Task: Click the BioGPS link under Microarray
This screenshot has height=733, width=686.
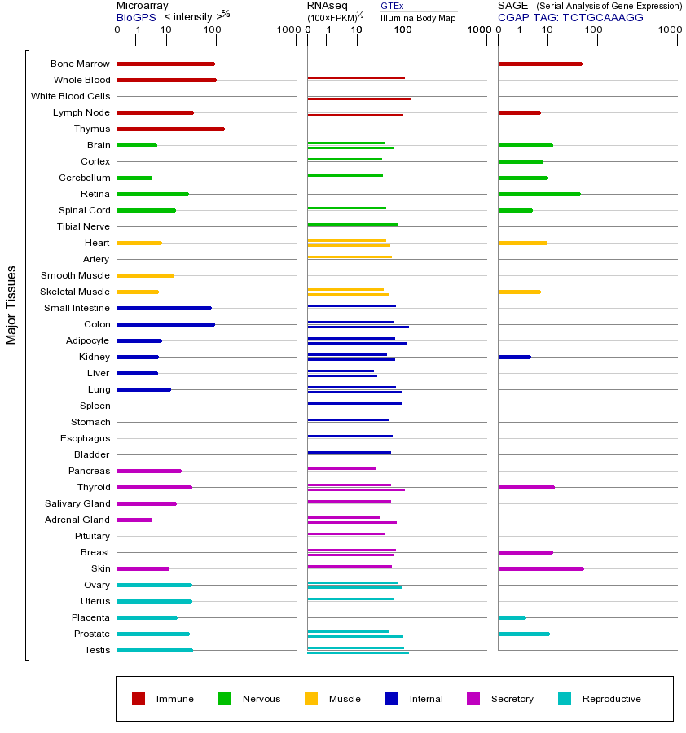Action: [x=136, y=17]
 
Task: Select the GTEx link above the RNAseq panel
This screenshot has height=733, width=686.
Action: [x=392, y=6]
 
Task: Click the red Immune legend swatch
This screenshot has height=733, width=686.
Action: [x=139, y=699]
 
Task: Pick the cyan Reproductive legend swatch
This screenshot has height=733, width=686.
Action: [x=565, y=699]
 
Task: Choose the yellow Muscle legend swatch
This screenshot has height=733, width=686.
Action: [x=311, y=699]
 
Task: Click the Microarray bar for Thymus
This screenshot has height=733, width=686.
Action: [x=170, y=129]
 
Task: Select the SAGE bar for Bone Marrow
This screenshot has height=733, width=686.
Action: [x=539, y=64]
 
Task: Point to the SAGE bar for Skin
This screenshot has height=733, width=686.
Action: [x=540, y=568]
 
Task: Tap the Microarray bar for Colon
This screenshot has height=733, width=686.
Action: [x=165, y=324]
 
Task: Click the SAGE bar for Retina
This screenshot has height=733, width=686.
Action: [x=539, y=194]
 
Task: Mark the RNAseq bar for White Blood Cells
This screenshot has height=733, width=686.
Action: [x=358, y=99]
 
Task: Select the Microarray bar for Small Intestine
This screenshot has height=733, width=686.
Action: [x=164, y=308]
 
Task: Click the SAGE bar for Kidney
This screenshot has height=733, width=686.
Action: [x=514, y=357]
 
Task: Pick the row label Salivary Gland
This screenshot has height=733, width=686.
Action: [x=77, y=503]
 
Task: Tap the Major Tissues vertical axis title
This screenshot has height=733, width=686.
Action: [x=11, y=305]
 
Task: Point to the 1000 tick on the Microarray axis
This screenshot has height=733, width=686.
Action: [x=287, y=30]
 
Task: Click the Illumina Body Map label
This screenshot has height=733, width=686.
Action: [x=418, y=17]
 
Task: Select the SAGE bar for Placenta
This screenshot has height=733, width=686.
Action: [x=512, y=617]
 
